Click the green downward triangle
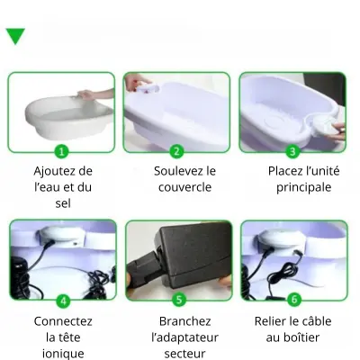coord(15,35)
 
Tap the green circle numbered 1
coord(61,151)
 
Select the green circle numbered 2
coord(176,151)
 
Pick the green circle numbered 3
coord(292,151)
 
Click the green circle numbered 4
coord(63,300)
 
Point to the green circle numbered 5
coord(179,300)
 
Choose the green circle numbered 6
coord(294,300)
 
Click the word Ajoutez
coord(55,172)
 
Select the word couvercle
coord(184,187)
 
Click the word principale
coord(303,188)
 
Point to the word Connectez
coord(63,321)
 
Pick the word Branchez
coord(184,321)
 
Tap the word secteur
coord(184,354)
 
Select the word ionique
coord(63,354)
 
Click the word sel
coord(63,203)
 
